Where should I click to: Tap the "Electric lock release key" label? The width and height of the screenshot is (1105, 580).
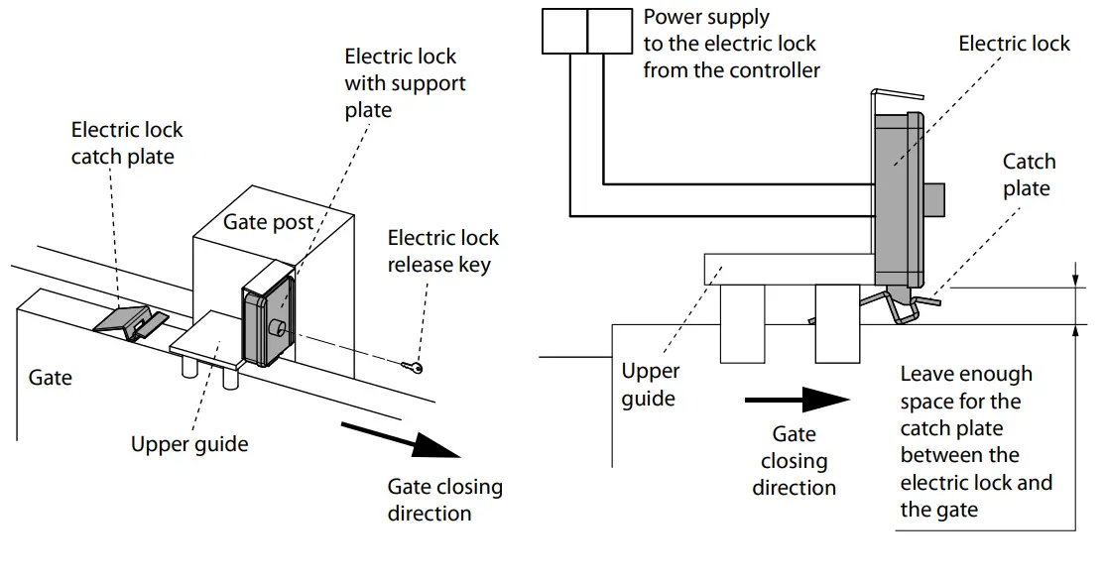click(442, 251)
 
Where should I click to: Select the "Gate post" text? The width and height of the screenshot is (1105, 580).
click(268, 221)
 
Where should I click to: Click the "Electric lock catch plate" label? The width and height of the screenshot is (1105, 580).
click(126, 143)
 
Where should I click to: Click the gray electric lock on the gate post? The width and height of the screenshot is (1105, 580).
click(269, 315)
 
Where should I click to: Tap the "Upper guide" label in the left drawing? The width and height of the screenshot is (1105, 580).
click(188, 443)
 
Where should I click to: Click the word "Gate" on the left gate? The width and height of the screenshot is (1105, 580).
click(50, 378)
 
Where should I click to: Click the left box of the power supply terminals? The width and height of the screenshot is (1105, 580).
click(564, 31)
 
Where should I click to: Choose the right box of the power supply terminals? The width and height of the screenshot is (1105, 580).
click(609, 31)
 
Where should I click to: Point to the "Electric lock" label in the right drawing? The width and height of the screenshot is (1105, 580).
click(1014, 44)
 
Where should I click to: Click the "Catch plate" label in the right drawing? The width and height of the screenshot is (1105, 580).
click(1029, 174)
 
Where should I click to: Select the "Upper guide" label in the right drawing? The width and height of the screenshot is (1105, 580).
click(650, 385)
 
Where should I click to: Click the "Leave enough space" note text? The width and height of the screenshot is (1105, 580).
click(975, 441)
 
